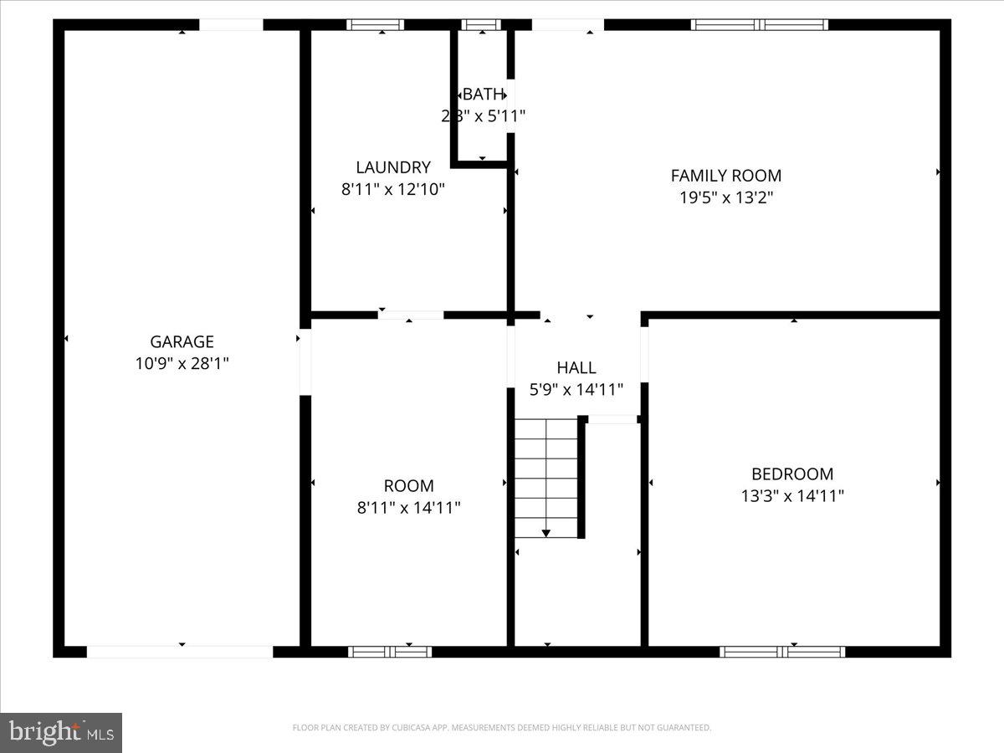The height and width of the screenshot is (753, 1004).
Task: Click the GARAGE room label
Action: pyautogui.click(x=182, y=341)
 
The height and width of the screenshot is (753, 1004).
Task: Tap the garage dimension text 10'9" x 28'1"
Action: pyautogui.click(x=182, y=363)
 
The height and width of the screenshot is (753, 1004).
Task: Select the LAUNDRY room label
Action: pyautogui.click(x=392, y=167)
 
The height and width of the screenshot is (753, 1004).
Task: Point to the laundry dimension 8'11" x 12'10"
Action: pyautogui.click(x=392, y=189)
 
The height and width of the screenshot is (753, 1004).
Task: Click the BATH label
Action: pyautogui.click(x=484, y=94)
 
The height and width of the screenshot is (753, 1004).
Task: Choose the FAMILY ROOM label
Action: pyautogui.click(x=725, y=176)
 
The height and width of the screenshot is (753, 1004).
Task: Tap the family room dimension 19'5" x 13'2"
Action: pyautogui.click(x=725, y=197)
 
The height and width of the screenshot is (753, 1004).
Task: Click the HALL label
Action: pyautogui.click(x=576, y=367)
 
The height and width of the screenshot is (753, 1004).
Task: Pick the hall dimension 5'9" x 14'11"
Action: pyautogui.click(x=576, y=389)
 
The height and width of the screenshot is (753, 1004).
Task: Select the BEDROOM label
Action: pyautogui.click(x=791, y=474)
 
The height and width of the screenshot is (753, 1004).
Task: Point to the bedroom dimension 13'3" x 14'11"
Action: pyautogui.click(x=791, y=495)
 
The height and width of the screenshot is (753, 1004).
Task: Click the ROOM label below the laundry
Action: pyautogui.click(x=408, y=485)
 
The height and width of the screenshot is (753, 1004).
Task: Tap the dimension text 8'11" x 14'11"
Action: pyautogui.click(x=408, y=507)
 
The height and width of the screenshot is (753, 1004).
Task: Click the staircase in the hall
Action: pyautogui.click(x=546, y=477)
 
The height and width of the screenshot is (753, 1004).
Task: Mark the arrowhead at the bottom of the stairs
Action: pyautogui.click(x=546, y=532)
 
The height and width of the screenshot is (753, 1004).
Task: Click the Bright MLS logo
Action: pyautogui.click(x=61, y=733)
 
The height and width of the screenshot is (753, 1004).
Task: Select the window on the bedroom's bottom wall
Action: pyautogui.click(x=781, y=652)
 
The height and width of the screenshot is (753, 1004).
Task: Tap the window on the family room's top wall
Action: pyautogui.click(x=760, y=25)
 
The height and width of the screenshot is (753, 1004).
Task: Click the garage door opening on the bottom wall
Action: pyautogui.click(x=180, y=652)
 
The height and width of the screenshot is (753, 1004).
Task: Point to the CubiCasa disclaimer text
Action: pyautogui.click(x=501, y=728)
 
